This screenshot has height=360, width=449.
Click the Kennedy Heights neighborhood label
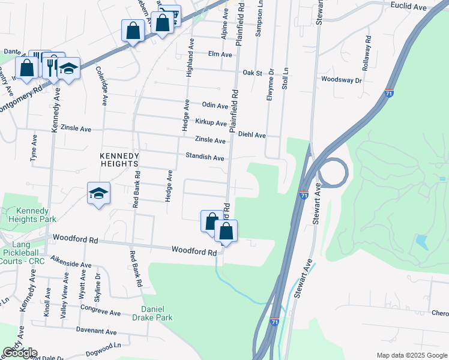click(119, 160)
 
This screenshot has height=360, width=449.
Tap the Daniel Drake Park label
click(152, 313)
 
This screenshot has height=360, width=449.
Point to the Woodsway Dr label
click(342, 80)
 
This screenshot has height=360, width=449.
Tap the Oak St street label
click(253, 73)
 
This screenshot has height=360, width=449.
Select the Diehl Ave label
click(252, 136)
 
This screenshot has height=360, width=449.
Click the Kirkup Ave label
click(211, 123)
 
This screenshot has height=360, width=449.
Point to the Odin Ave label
click(215, 106)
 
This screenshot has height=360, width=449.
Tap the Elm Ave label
click(219, 55)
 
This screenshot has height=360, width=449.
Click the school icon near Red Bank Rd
click(98, 193)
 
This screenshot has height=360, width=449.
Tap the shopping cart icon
click(172, 15)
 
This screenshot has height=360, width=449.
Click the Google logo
click(20, 352)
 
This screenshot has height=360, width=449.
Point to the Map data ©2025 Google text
click(412, 355)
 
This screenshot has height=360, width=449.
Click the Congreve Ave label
click(101, 312)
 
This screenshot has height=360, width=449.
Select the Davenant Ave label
click(95, 331)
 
